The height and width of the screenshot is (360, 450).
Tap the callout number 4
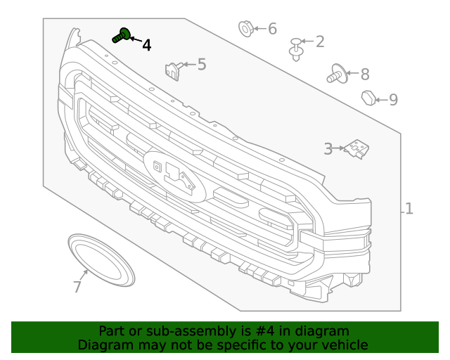pyautogui.click(x=146, y=46)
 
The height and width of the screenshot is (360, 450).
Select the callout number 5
pyautogui.click(x=202, y=65)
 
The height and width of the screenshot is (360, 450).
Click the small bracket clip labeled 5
pyautogui.click(x=172, y=69)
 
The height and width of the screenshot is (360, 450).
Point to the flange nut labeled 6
pyautogui.click(x=245, y=29)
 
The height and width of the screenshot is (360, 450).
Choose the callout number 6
pyautogui.click(x=272, y=29)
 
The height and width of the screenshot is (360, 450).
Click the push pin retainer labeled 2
pyautogui.click(x=297, y=49)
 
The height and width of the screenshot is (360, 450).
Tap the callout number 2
pyautogui.click(x=320, y=41)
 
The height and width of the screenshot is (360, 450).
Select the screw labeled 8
pyautogui.click(x=335, y=74)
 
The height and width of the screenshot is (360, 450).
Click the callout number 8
pyautogui.click(x=364, y=74)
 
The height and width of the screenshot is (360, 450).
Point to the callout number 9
pyautogui.click(x=393, y=100)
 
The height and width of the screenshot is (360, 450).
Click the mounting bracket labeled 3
pyautogui.click(x=356, y=149)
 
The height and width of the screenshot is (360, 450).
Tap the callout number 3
pyautogui.click(x=328, y=148)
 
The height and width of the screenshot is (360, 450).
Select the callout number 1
pyautogui.click(x=409, y=209)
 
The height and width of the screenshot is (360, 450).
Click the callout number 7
pyautogui.click(x=77, y=287)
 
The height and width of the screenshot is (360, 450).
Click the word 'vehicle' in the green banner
pyautogui.click(x=342, y=345)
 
